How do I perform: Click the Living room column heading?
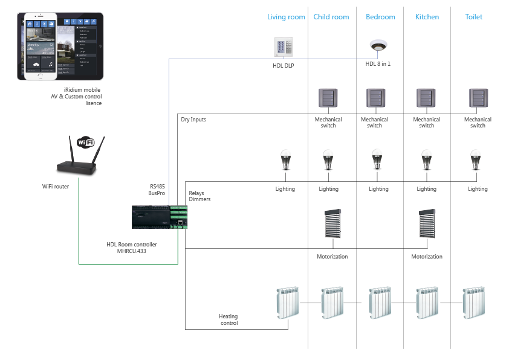[286, 17]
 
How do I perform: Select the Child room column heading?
[331, 17]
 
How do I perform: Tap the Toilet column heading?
[474, 17]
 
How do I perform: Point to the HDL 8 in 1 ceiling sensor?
[378, 47]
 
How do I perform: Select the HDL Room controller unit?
[160, 216]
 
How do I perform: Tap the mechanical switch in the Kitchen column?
[426, 98]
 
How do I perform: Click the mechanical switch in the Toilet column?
[478, 98]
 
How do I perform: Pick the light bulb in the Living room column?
[285, 161]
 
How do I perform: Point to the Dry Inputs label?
[193, 120]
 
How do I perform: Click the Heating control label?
[229, 320]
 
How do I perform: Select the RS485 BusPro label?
[157, 190]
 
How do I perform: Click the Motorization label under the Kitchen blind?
[427, 257]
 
